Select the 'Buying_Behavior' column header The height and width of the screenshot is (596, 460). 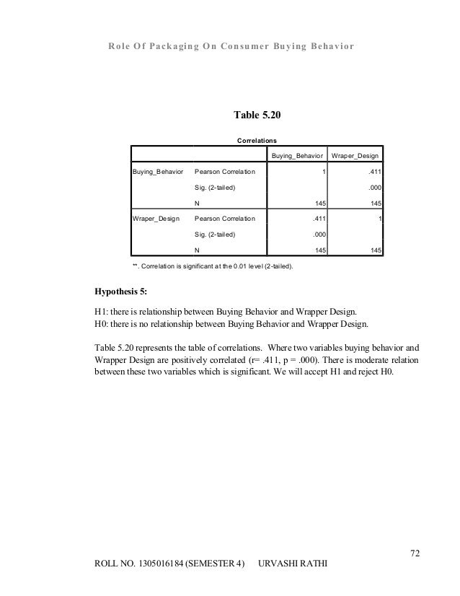[x=296, y=156]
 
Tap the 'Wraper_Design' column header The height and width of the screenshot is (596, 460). [x=356, y=156]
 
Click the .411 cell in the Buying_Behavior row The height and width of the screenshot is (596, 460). [x=374, y=173]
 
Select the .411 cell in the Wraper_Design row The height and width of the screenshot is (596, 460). [x=317, y=218]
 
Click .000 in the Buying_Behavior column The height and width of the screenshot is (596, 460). [x=317, y=234]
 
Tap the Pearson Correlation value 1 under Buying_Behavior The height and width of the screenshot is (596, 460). [x=322, y=173]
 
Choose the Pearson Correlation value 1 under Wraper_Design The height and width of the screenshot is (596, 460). [x=380, y=218]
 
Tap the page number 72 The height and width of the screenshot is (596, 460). [x=414, y=553]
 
